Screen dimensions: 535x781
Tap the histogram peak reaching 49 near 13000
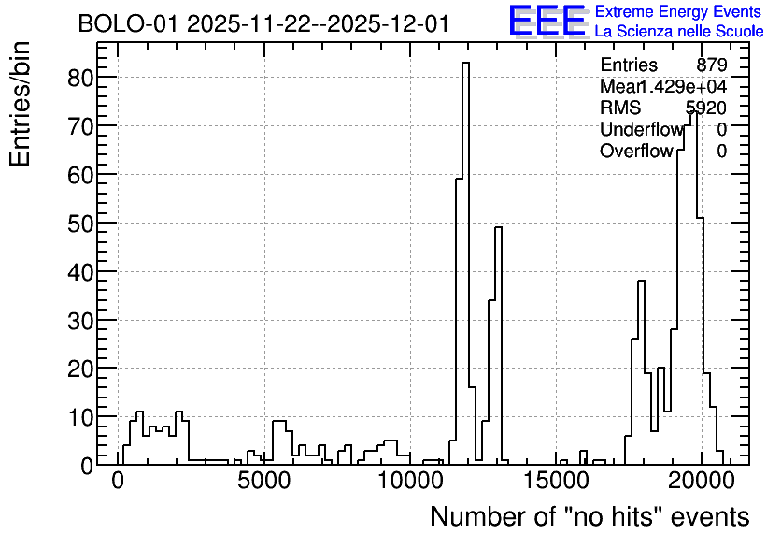pyautogui.click(x=498, y=228)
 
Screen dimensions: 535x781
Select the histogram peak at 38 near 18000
pyautogui.click(x=641, y=282)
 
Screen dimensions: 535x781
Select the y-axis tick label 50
pyautogui.click(x=80, y=223)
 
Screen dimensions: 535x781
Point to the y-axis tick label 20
pyautogui.click(x=80, y=368)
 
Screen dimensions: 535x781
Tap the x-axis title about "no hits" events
pyautogui.click(x=589, y=516)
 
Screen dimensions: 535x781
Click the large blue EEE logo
pyautogui.click(x=547, y=21)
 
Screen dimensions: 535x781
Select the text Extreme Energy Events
pyautogui.click(x=678, y=11)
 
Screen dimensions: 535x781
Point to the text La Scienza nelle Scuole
pyautogui.click(x=678, y=31)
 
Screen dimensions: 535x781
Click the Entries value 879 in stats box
pyautogui.click(x=712, y=65)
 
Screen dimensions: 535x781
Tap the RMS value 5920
pyautogui.click(x=706, y=108)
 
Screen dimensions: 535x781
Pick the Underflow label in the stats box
pyautogui.click(x=641, y=129)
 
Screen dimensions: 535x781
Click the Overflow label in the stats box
pyautogui.click(x=636, y=151)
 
